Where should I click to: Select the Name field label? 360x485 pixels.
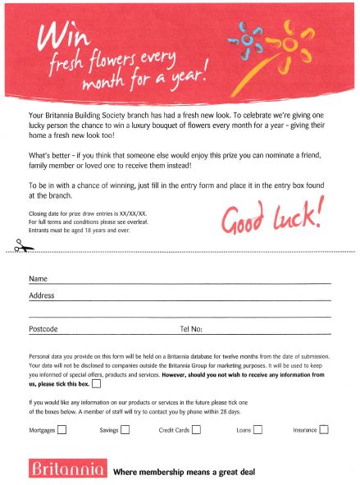pos(38,278)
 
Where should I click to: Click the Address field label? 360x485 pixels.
pos(42,295)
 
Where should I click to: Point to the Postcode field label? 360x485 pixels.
pos(43,329)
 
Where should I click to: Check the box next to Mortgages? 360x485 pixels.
pos(63,428)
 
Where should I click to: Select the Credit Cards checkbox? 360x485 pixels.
pos(196,428)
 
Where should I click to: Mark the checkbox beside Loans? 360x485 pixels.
pos(257,428)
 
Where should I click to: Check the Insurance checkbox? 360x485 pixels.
pos(324,428)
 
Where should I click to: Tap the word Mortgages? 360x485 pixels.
pos(42,429)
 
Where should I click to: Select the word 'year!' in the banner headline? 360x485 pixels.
pos(185,82)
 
